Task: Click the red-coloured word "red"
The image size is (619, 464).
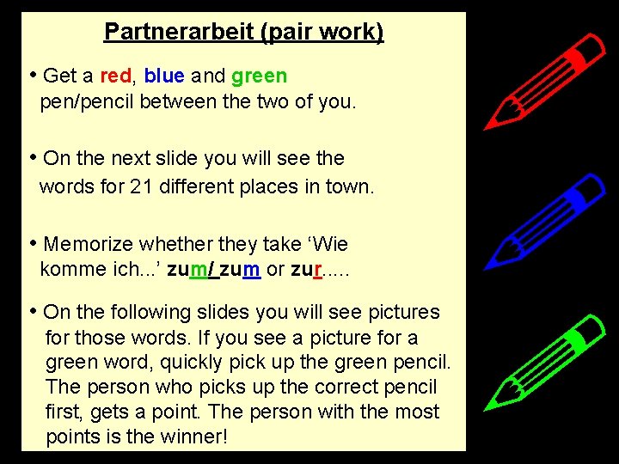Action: coord(116,76)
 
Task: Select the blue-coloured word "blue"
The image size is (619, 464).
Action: coord(164,76)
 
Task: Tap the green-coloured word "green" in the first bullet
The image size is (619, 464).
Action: coord(259,76)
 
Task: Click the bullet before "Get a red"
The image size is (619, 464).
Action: coord(32,75)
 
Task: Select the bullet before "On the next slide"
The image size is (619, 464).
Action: coord(32,157)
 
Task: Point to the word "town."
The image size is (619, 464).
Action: coord(350,186)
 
